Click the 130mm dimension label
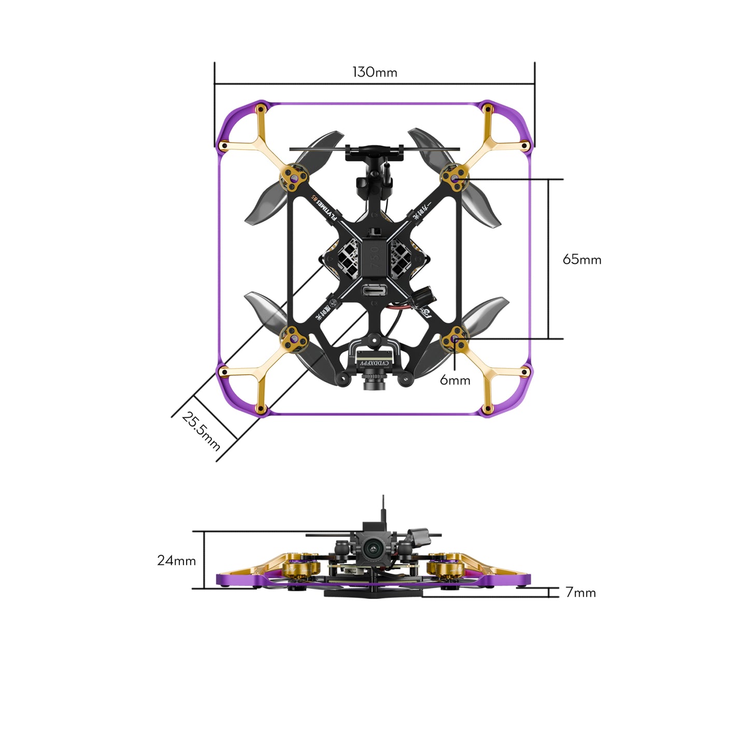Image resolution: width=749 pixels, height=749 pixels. pyautogui.click(x=375, y=72)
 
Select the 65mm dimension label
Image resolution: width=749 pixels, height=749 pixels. pyautogui.click(x=582, y=259)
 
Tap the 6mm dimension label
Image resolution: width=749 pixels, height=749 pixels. pyautogui.click(x=455, y=380)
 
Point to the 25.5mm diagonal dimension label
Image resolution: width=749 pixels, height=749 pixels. pyautogui.click(x=201, y=431)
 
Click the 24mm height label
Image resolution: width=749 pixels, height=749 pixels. pyautogui.click(x=176, y=560)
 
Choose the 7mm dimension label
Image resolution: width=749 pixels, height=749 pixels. pyautogui.click(x=580, y=592)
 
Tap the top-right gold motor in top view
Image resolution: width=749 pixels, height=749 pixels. pyautogui.click(x=455, y=178)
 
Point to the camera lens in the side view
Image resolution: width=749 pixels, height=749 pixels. pyautogui.click(x=372, y=549)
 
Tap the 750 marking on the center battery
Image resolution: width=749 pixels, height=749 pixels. pyautogui.click(x=376, y=257)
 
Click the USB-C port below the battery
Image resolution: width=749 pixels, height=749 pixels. pyautogui.click(x=375, y=291)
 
